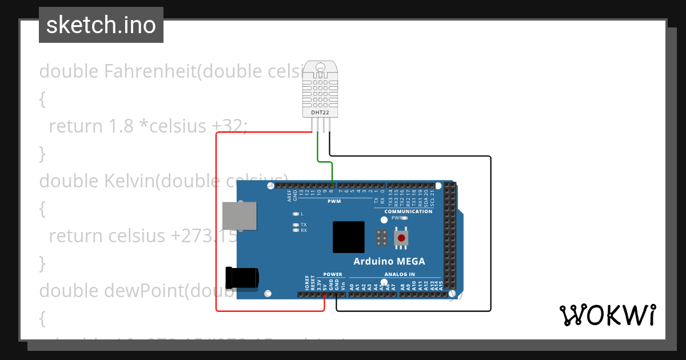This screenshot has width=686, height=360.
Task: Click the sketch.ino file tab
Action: [101, 25]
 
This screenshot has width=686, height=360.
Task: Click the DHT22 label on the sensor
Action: [320, 113]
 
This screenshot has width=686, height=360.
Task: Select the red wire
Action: [217, 229]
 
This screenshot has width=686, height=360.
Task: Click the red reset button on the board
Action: [402, 238]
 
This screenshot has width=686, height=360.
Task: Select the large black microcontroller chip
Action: [349, 237]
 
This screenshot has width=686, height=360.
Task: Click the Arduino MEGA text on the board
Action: [389, 262]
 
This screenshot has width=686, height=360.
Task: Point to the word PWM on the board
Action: [334, 201]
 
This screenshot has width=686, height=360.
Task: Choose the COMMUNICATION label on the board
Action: [408, 211]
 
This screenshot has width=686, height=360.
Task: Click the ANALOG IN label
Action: [400, 274]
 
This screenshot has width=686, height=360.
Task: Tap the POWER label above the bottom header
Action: [333, 274]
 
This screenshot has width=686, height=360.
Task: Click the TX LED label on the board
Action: [304, 225]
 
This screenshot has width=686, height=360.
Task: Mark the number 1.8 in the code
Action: [121, 126]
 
